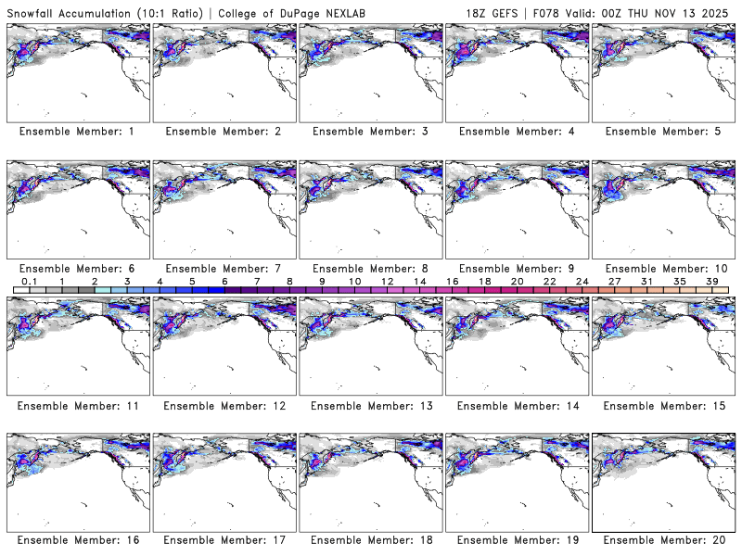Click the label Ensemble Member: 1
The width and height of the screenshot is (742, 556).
[77, 132]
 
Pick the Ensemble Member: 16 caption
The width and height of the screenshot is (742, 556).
[77, 540]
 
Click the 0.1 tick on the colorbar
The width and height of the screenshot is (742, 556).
[29, 281]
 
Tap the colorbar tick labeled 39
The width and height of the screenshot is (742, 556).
[712, 281]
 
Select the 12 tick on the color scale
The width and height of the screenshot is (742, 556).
[387, 281]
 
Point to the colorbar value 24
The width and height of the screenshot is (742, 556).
[582, 281]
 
